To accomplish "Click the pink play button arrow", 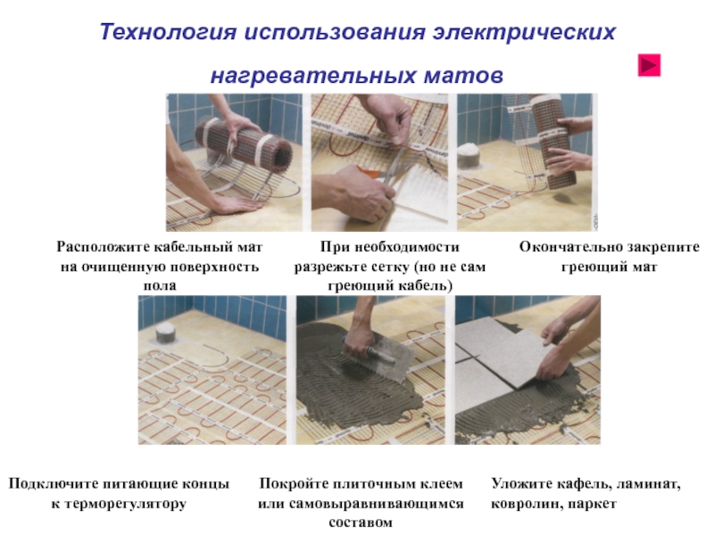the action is click(649, 65).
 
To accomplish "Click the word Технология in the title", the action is click(168, 32).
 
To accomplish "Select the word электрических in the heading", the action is click(524, 32).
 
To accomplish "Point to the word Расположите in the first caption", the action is click(103, 247).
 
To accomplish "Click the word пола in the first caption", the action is click(160, 285).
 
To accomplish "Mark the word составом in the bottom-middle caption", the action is click(361, 523).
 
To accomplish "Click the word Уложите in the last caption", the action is click(520, 483).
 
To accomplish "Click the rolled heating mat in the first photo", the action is click(244, 142).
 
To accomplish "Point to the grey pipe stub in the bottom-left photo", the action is click(166, 333).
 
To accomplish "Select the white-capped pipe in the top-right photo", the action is click(469, 155).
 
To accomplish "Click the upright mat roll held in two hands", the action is click(553, 141).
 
